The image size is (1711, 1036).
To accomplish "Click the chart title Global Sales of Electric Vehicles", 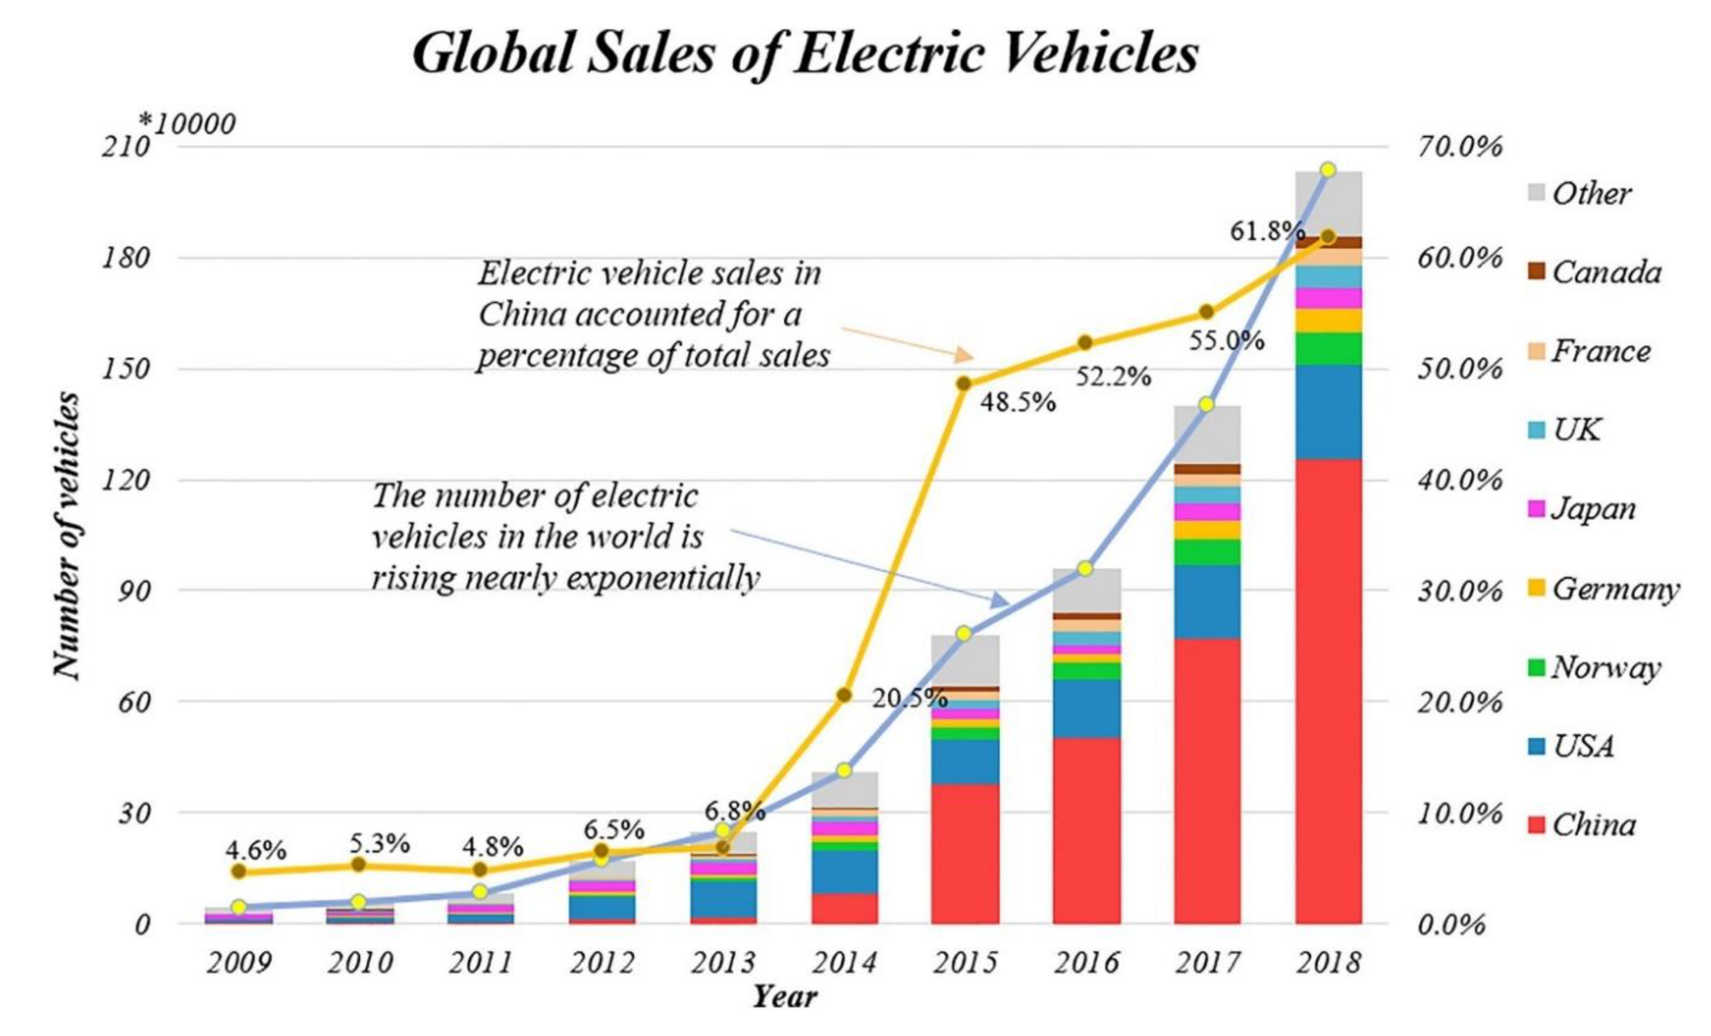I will coord(805,54).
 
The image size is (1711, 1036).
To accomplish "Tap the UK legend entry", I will coord(1576,430).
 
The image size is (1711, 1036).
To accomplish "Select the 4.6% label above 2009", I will coord(255,850).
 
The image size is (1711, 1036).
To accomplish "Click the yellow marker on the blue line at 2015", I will coord(964,633).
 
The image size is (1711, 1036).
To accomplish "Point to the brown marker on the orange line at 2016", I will coord(1086,342).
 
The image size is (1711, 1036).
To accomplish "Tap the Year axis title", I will coord(785,997).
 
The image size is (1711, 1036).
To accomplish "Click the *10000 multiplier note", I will coord(188,124).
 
